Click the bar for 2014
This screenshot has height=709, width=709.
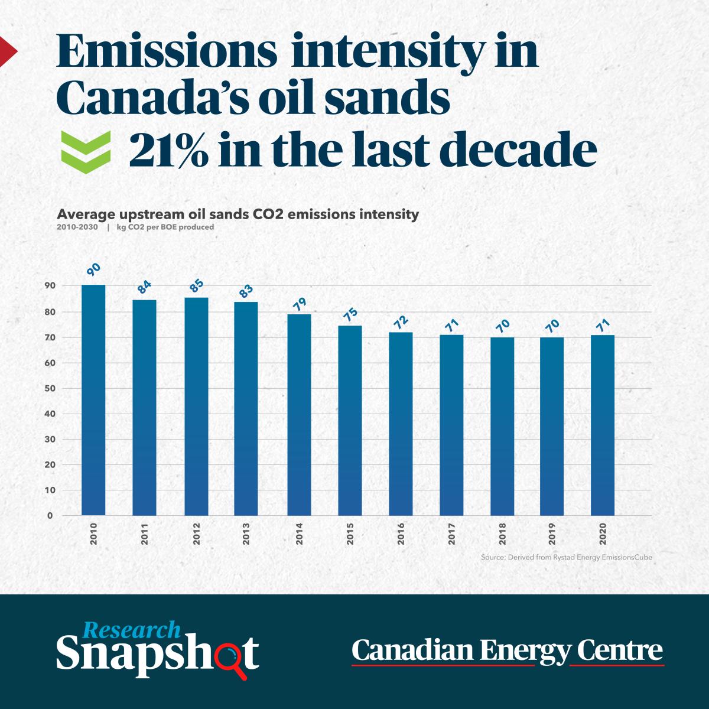coord(299,414)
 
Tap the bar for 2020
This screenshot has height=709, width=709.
coord(602,425)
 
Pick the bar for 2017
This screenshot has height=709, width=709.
coord(451,425)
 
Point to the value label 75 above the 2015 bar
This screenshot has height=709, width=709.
coord(350,313)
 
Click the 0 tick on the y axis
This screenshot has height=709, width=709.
coord(50,516)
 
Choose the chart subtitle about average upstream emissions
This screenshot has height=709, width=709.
coord(238,214)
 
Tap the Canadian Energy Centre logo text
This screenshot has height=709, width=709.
coord(508,651)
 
